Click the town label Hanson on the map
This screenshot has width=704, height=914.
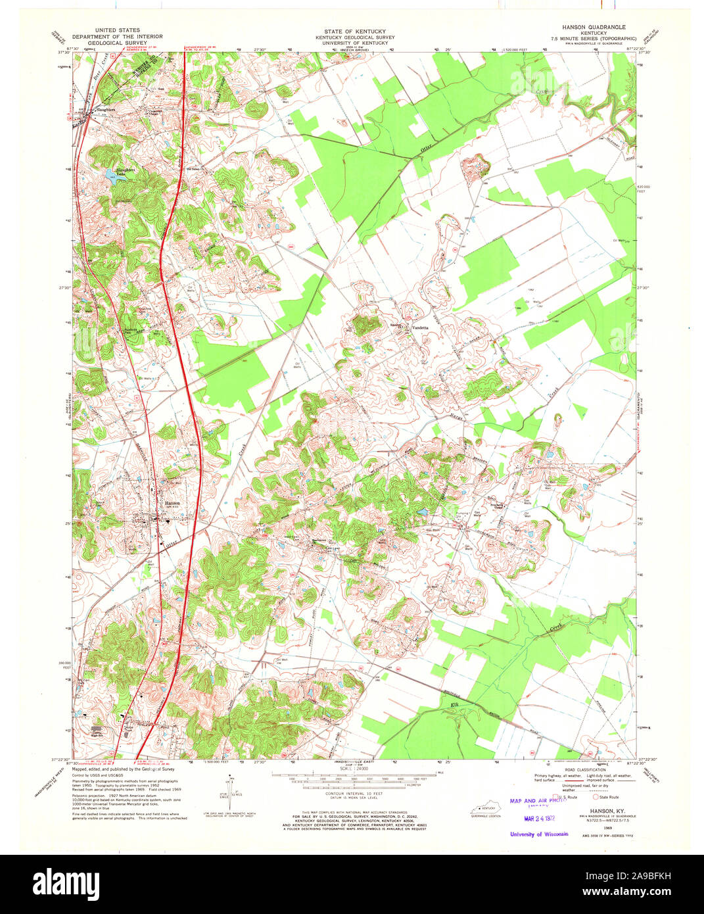click(x=172, y=502)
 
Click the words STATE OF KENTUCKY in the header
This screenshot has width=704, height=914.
click(x=354, y=32)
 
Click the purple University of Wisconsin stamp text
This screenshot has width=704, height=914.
click(x=539, y=834)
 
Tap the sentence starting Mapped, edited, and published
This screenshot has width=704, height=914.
click(x=123, y=768)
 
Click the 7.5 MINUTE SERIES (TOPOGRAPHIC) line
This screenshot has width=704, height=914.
click(x=594, y=39)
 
